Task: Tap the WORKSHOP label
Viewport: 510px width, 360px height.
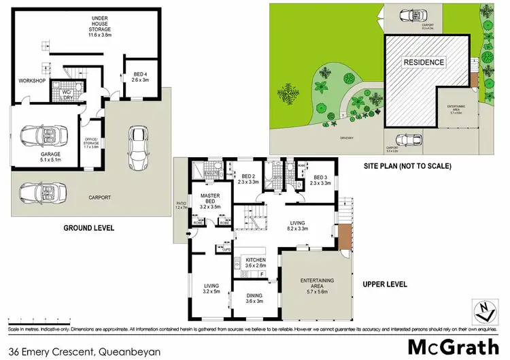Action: (32, 82)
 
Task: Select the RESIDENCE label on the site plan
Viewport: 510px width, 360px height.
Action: (424, 63)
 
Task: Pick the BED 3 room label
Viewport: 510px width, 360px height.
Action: (319, 178)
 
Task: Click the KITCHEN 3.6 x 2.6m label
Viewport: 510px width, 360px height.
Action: (256, 263)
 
